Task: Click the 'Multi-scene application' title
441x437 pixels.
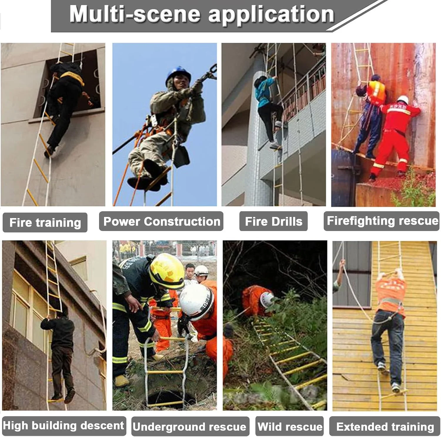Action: pyautogui.click(x=202, y=14)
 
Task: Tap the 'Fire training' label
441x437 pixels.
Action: pyautogui.click(x=45, y=222)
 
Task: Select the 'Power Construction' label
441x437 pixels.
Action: pyautogui.click(x=161, y=221)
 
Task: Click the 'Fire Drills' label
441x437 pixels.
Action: pyautogui.click(x=273, y=221)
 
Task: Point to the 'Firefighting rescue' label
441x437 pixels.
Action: pyautogui.click(x=382, y=221)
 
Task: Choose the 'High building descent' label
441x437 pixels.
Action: pyautogui.click(x=64, y=426)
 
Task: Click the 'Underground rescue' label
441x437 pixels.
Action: pyautogui.click(x=190, y=426)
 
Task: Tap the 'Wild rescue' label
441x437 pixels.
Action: pyautogui.click(x=290, y=426)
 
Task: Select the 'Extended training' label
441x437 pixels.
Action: pyautogui.click(x=385, y=426)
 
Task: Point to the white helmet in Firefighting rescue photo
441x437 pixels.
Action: pyautogui.click(x=402, y=99)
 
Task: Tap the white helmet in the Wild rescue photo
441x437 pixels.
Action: pyautogui.click(x=267, y=299)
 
